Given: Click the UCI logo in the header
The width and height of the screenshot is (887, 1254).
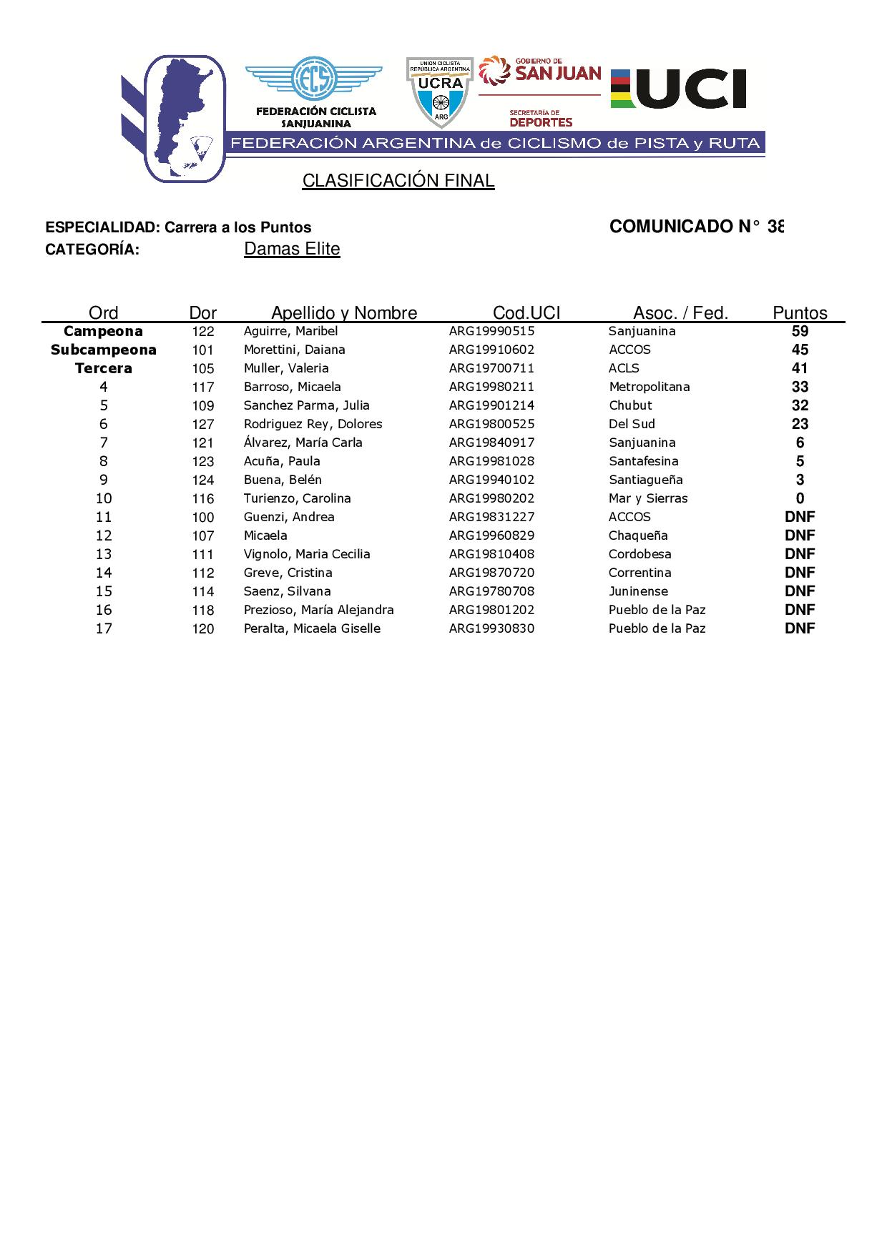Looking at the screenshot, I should (x=678, y=89).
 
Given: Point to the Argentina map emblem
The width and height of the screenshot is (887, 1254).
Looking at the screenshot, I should (x=185, y=118).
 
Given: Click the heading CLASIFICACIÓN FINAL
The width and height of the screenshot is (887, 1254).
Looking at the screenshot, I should (x=398, y=181).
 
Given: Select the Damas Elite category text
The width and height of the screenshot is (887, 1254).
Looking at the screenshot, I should (x=292, y=249).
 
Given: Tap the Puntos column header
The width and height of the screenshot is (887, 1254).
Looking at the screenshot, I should (x=800, y=312).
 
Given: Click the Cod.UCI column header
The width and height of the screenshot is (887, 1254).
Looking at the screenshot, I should (x=526, y=312).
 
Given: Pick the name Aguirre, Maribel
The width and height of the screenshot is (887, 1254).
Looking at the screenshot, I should (x=290, y=331).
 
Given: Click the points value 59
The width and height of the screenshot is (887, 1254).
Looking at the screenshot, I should (x=800, y=331).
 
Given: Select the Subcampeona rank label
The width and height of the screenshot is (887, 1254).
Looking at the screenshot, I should (x=104, y=350).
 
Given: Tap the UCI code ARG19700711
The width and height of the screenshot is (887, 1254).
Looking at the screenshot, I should (x=491, y=368).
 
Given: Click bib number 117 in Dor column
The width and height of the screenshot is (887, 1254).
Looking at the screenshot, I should (x=203, y=387).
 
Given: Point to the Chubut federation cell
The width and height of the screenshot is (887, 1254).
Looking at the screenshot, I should (x=630, y=405).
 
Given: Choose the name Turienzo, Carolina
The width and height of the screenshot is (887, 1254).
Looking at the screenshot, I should (x=297, y=498).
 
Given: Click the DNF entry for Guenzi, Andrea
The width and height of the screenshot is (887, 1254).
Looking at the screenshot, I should (x=800, y=517).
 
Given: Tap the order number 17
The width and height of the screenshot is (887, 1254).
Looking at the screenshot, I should (x=104, y=628).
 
